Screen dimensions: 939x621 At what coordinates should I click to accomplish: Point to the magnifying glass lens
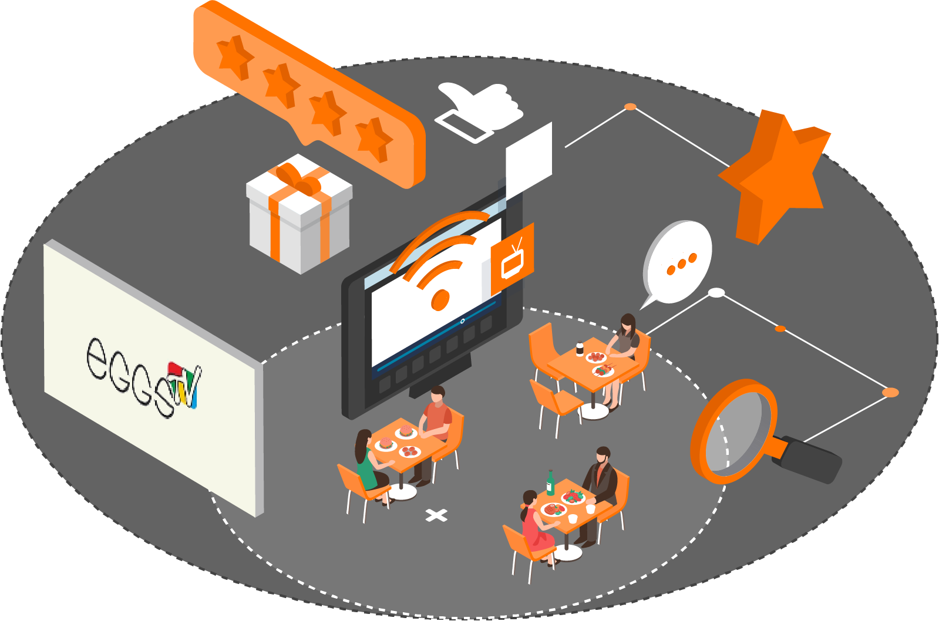coord(734,431)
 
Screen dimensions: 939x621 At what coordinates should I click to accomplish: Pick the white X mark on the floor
coord(436,515)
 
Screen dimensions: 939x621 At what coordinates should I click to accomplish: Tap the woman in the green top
coord(367,464)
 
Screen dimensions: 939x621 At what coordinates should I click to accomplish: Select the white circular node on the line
coord(716,292)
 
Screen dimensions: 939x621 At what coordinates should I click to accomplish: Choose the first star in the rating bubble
coord(235,56)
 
